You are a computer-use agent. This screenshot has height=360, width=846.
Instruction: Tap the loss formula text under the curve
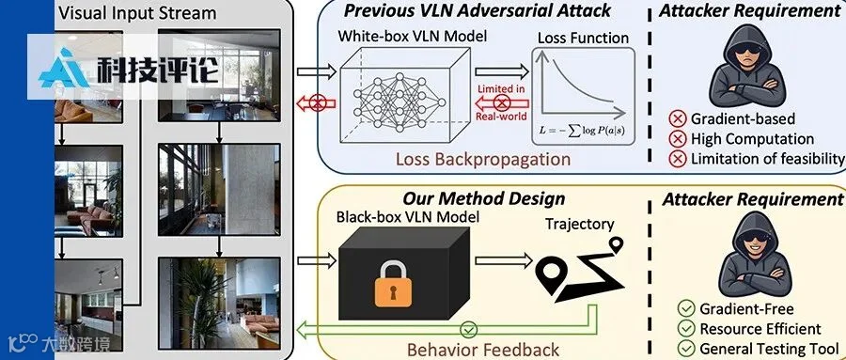583,130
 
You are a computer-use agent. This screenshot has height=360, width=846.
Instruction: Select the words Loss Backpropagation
483,159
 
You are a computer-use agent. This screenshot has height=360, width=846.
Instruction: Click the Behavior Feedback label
482,350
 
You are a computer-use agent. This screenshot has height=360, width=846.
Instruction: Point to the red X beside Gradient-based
677,118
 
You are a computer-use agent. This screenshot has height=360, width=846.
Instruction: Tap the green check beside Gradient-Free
687,308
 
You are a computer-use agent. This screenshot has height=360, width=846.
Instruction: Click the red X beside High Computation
677,139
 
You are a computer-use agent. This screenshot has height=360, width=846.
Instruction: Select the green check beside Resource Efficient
687,328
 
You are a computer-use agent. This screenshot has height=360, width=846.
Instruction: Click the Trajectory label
579,224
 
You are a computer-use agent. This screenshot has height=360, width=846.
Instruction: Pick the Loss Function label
583,39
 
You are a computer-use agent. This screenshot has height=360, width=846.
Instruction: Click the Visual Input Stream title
137,13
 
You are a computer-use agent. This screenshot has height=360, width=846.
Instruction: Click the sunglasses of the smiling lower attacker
755,237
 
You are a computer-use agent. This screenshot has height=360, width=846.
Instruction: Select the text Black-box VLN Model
408,217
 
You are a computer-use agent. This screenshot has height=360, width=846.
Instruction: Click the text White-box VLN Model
413,37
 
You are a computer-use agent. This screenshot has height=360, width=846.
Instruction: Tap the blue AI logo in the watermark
64,68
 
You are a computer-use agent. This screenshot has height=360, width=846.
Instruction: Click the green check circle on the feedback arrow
469,329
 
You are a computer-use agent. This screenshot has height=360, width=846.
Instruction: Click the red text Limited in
501,88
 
